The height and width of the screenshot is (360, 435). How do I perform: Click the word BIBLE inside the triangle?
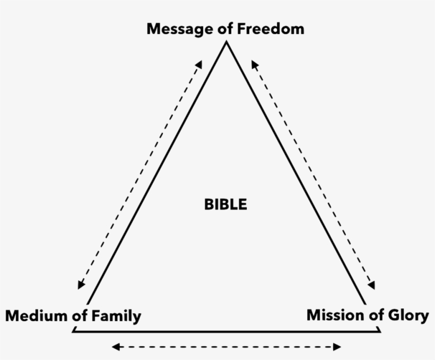point(225,204)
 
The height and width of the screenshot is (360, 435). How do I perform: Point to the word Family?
point(116,316)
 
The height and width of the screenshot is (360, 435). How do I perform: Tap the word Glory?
point(408,316)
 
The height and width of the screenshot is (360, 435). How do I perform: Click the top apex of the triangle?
point(227,41)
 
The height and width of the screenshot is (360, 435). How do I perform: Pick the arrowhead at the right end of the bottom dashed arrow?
point(337,347)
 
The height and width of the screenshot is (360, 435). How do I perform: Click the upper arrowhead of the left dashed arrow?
point(199,64)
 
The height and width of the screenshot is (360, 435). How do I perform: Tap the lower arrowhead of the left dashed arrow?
point(81,285)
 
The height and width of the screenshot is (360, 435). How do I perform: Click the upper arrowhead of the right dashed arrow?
point(255,64)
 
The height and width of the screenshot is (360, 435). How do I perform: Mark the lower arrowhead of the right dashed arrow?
point(372,285)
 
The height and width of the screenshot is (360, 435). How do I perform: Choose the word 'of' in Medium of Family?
point(80,315)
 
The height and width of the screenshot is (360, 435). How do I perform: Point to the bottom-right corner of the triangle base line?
point(380,332)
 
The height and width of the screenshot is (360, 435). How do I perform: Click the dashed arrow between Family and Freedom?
point(140,175)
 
